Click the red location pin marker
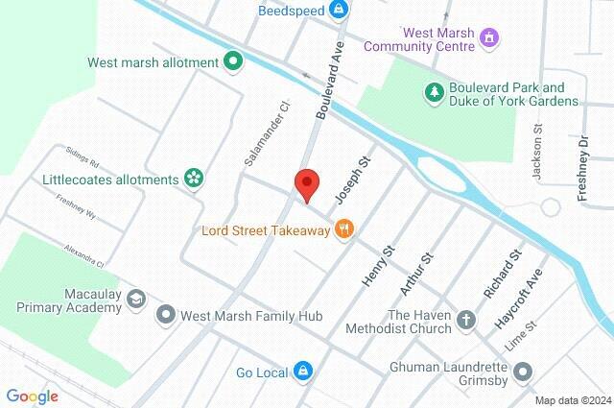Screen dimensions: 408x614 [x=306, y=183]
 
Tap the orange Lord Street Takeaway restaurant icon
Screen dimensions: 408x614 [x=344, y=229]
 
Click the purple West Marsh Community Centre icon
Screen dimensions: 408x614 [x=490, y=38]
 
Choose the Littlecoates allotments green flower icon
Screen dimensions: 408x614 [x=194, y=179]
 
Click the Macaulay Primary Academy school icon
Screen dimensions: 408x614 [x=136, y=300]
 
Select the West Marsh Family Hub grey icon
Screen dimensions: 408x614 [x=166, y=315]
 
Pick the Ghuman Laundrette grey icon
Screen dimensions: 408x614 [x=523, y=372]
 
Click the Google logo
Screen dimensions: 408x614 [x=32, y=396]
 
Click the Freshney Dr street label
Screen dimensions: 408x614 [x=582, y=169]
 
